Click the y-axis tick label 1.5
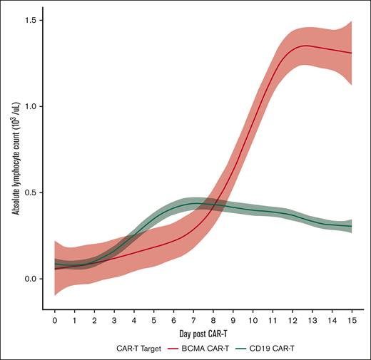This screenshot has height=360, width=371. (x=30, y=20)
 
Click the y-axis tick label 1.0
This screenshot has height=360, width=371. (x=30, y=106)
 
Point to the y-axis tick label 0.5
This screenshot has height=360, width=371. (x=30, y=192)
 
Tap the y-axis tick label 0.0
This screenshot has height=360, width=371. (x=30, y=279)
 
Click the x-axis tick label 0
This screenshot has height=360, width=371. (x=55, y=321)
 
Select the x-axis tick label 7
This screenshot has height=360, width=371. (x=193, y=321)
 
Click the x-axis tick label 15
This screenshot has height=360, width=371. (x=351, y=321)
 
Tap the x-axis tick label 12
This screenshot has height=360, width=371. (x=292, y=321)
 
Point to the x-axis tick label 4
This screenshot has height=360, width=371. (x=134, y=321)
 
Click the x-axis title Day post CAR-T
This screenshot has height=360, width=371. (x=203, y=334)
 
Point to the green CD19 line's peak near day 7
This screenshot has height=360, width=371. (x=193, y=203)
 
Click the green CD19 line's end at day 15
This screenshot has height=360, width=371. (x=351, y=226)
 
